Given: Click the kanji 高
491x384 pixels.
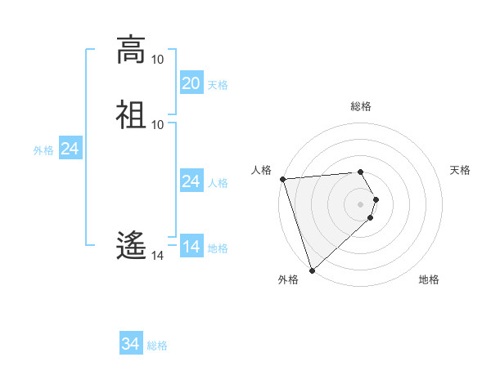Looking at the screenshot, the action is (131, 50).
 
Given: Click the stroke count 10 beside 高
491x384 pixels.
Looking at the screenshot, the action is (157, 60).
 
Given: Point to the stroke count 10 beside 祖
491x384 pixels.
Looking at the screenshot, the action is (157, 123).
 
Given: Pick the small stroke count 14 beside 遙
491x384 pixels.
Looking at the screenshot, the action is (157, 256).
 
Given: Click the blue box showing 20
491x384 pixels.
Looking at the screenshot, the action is (191, 83).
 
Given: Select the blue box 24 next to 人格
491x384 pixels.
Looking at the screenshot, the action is (191, 181).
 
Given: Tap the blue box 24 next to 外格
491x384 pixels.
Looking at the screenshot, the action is (70, 150).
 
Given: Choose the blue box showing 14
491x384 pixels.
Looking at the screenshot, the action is (191, 247).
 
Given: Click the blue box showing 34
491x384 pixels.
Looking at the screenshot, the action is (131, 345).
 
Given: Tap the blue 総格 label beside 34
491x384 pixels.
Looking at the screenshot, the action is (157, 346).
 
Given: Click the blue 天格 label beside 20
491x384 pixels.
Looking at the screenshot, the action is (218, 85).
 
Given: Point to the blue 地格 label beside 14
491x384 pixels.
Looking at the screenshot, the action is (218, 248).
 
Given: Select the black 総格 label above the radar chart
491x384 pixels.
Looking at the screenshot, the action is (361, 106).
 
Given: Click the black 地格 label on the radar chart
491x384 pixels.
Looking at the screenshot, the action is (429, 280).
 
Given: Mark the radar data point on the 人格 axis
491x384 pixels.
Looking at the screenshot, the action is (282, 179).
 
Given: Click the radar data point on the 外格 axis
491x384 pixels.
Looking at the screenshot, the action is (312, 270).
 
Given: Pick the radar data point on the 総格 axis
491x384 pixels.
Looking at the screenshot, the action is (361, 172).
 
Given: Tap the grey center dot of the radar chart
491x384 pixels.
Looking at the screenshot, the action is (361, 203).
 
